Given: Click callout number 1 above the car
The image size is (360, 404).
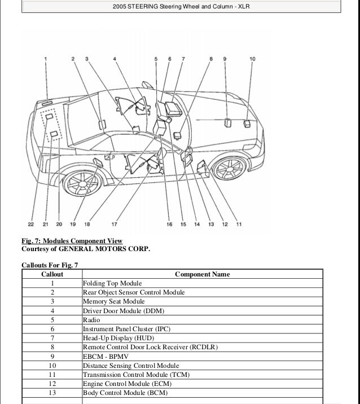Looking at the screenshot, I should click(46, 59).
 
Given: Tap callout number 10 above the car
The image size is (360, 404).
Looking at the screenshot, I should click(252, 59).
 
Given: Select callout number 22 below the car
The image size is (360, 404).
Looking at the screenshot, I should click(32, 224).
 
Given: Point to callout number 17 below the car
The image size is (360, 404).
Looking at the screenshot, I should click(115, 224).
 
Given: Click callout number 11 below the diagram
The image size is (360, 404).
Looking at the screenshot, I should click(239, 224).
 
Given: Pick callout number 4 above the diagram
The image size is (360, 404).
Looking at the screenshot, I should click(115, 59).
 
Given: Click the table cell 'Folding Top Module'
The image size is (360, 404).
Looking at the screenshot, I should click(112, 283).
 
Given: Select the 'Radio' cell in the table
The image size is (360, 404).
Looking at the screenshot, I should click(91, 320).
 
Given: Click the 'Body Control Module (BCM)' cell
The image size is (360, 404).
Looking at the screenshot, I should click(125, 393).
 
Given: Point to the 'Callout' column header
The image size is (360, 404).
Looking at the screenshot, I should click(52, 274).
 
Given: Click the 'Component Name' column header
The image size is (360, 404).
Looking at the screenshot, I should click(202, 274).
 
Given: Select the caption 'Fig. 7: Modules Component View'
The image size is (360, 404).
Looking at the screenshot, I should click(72, 241).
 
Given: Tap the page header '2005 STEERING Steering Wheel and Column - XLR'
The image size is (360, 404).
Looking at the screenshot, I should click(180, 7).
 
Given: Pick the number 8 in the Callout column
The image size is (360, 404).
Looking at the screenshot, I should click(52, 347).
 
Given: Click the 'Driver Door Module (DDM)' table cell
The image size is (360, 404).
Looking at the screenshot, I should click(116, 311).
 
